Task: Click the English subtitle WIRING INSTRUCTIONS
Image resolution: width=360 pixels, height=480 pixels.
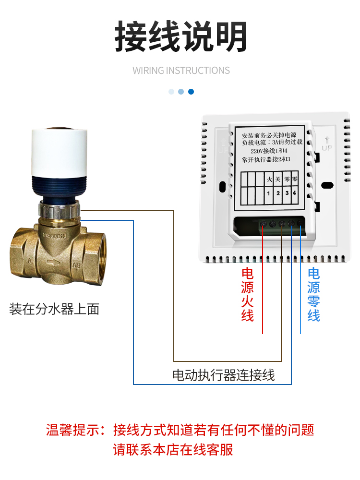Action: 181,71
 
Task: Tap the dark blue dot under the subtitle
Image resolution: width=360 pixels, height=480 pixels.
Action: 191,92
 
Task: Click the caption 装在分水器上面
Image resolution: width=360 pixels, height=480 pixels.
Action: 54,309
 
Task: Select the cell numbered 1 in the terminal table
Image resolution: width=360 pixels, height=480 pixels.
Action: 269,193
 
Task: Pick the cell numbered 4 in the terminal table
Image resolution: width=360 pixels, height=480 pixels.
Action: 295,193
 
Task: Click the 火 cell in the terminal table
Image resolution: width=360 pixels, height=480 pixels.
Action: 269,180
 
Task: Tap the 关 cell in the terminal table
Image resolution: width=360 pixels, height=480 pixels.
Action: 278,180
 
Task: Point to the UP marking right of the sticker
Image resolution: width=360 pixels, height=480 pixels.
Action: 327,144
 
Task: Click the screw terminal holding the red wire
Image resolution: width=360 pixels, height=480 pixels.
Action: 263,224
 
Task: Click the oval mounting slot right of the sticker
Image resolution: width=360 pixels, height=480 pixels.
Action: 327,185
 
